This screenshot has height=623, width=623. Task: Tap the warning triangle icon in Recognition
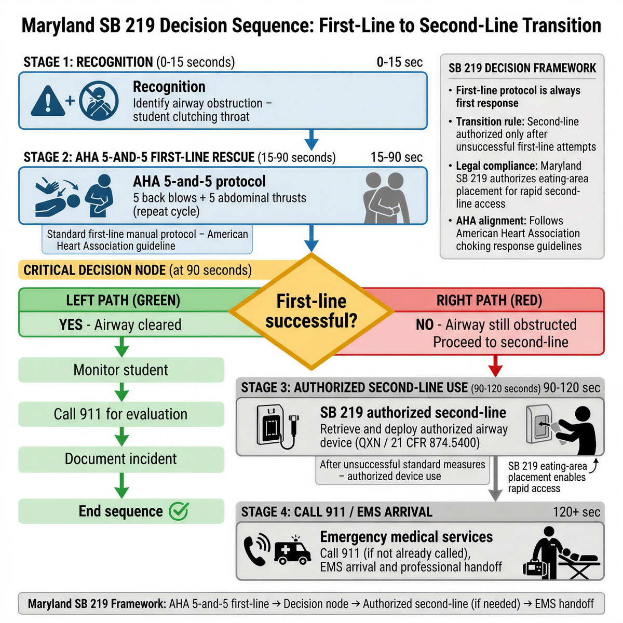[x=48, y=101]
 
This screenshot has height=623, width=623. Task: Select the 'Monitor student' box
[x=121, y=370]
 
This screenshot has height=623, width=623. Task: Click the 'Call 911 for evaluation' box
[x=121, y=414]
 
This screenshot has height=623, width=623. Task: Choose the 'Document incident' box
[x=121, y=459]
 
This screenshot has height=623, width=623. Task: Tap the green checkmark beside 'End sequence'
[x=179, y=511]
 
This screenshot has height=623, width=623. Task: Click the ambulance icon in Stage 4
[x=292, y=552]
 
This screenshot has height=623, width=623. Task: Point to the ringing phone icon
[x=256, y=551]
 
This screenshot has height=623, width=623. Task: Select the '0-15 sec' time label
[x=399, y=62]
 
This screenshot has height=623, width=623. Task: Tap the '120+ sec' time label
[x=576, y=512]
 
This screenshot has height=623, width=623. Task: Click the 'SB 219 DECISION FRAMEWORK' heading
[x=522, y=68]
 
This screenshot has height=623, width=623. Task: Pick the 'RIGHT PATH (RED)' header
[x=489, y=301]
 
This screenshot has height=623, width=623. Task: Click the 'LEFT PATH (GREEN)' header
[x=123, y=301]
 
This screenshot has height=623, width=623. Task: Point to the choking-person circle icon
[x=99, y=101]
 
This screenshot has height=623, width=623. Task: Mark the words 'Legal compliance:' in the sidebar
[x=496, y=166]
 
